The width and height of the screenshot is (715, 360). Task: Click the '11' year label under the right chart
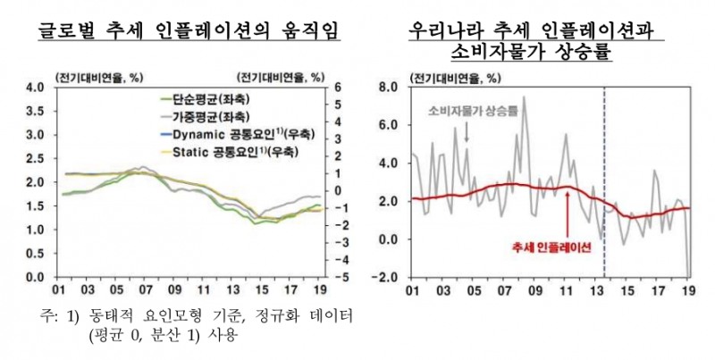tap(565, 290)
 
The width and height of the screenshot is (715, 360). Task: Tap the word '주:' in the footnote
tap(48, 316)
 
